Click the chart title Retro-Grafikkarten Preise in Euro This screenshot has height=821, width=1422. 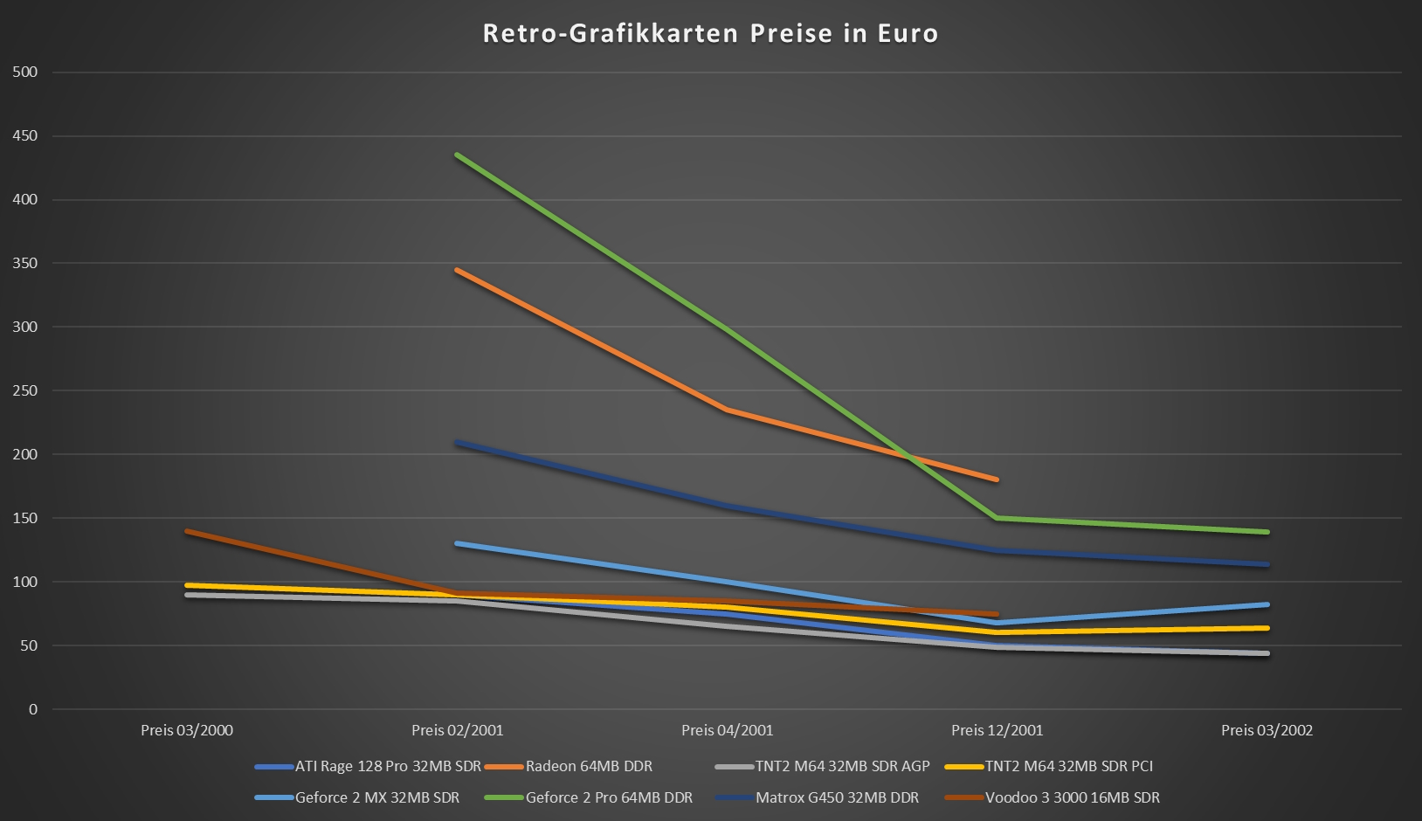(x=710, y=33)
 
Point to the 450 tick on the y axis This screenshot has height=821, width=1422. (x=25, y=136)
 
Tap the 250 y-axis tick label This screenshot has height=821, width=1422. (x=25, y=390)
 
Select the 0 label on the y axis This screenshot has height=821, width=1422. (x=33, y=709)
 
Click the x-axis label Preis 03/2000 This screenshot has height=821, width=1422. (x=187, y=730)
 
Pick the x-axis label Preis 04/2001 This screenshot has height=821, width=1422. (x=727, y=730)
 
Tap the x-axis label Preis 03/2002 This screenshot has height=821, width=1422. (x=1267, y=730)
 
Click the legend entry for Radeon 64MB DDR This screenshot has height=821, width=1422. (x=588, y=766)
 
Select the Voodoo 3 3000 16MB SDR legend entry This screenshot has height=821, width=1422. (x=1072, y=797)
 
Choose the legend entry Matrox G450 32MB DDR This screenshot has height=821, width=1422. (x=837, y=797)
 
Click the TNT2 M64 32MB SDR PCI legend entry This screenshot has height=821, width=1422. (x=1068, y=766)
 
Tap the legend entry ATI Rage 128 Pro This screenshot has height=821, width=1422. (x=387, y=766)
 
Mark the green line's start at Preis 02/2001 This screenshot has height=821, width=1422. (x=458, y=155)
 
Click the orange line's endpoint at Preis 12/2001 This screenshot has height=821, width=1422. (x=996, y=479)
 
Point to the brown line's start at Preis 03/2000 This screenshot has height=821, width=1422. (x=188, y=531)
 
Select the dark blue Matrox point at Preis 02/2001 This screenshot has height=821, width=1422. (x=458, y=443)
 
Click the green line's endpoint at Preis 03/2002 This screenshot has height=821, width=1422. (x=1267, y=532)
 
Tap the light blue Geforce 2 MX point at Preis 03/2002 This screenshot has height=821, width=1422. (x=1267, y=604)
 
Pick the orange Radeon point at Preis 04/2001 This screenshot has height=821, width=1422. (x=727, y=410)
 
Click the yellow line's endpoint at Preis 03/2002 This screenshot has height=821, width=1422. (x=1267, y=628)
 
